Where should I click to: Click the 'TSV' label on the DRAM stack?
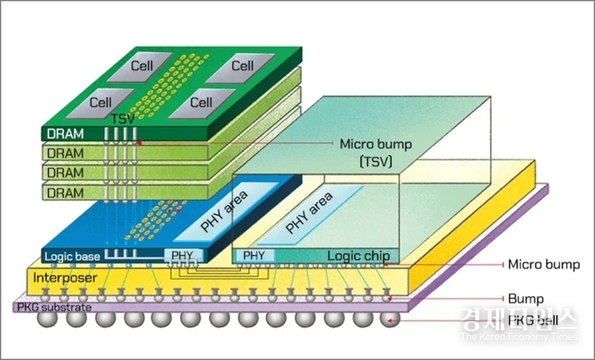pyautogui.click(x=123, y=119)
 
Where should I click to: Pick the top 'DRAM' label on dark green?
pyautogui.click(x=65, y=134)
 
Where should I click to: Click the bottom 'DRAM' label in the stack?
pyautogui.click(x=65, y=190)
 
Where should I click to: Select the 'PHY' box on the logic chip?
pyautogui.click(x=254, y=255)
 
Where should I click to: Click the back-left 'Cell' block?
pyautogui.click(x=142, y=68)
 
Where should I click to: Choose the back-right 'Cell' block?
pyautogui.click(x=242, y=68)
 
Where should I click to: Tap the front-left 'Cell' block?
pyautogui.click(x=101, y=102)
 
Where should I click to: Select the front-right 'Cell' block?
pyautogui.click(x=201, y=102)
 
